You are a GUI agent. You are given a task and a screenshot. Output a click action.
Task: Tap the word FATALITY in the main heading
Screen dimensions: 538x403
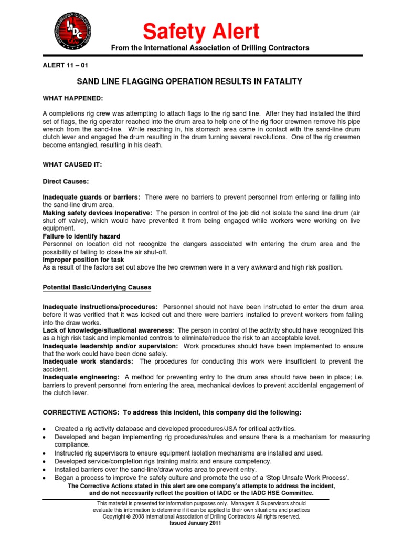click(278, 81)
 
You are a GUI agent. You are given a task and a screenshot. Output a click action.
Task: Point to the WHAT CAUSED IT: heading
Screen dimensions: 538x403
click(72, 164)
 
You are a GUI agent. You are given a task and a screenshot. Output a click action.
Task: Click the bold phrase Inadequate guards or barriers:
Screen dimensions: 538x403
click(91, 197)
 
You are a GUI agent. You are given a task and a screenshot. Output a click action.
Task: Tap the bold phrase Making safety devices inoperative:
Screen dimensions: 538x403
click(98, 212)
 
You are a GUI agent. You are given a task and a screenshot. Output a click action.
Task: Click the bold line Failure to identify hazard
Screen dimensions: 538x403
click(81, 236)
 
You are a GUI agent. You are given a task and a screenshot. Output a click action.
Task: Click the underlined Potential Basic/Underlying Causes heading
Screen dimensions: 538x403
click(97, 287)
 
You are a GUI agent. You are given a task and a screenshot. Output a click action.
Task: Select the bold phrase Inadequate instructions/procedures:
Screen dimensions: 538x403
click(100, 306)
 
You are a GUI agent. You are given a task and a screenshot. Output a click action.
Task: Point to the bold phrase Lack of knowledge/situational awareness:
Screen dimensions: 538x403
click(109, 330)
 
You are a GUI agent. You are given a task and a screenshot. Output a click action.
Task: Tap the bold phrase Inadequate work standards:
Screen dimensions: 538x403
click(89, 361)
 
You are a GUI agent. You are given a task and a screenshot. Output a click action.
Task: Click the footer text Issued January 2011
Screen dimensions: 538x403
click(195, 524)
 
